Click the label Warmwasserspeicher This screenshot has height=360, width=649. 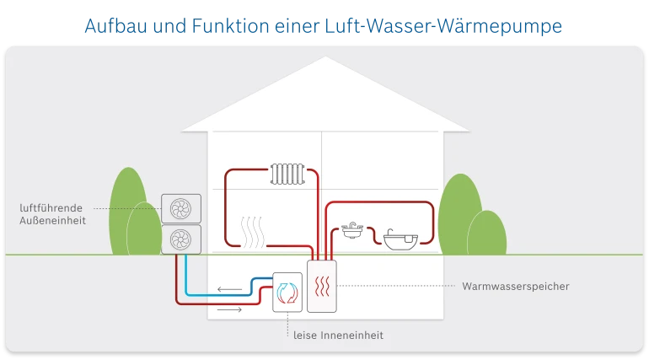point(516,287)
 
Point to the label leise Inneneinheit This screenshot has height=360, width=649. point(338,336)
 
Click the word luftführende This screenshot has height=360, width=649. point(51,207)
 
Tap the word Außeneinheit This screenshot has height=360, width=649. point(53,221)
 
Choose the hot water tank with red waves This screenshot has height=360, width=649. point(322,286)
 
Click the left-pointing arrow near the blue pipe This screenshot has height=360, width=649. point(229,290)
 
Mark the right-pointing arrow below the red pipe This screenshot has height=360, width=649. point(229,310)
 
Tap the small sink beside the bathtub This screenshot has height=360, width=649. point(351,229)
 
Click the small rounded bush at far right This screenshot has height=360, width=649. point(486,232)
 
